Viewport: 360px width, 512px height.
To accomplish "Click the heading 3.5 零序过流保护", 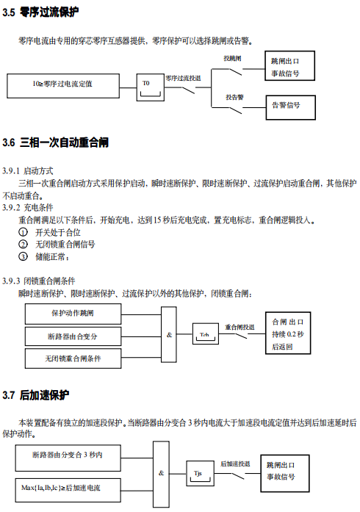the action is click(40, 12).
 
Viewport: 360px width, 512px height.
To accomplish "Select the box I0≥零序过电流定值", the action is click(63, 86).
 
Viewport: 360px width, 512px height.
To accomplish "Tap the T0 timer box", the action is click(150, 87).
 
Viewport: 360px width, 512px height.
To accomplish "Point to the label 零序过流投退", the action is click(183, 79).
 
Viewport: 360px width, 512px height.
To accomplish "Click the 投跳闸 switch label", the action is click(232, 59).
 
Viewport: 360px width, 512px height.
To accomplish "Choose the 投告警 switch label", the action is click(234, 97).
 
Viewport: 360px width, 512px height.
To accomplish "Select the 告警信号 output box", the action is click(290, 107).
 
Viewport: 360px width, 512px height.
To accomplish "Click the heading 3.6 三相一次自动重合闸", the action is click(56, 143).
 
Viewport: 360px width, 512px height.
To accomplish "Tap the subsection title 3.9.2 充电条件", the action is click(27, 207).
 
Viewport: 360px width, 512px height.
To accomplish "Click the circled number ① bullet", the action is click(23, 232).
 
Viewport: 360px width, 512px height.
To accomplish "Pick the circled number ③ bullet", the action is click(23, 256).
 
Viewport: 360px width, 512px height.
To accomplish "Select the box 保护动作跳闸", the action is click(73, 314).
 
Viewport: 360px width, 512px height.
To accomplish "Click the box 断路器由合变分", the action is click(73, 336).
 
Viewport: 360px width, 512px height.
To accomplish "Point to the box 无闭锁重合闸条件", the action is click(73, 358).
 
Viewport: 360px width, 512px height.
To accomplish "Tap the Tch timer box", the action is click(206, 333).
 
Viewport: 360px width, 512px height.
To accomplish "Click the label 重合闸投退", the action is click(240, 327).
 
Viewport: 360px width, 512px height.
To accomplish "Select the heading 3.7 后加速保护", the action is click(35, 395).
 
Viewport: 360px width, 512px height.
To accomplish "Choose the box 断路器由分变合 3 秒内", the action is click(68, 458).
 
